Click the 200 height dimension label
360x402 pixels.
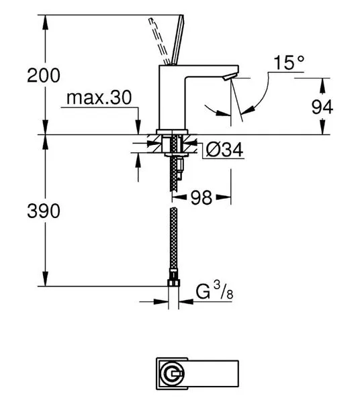44,75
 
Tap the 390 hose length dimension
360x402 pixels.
44,211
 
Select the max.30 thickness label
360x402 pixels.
99,97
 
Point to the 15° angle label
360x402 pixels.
289,62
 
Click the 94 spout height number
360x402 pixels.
322,107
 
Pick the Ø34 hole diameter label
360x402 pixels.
224,150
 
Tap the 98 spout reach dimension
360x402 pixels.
201,197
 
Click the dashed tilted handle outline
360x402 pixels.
159,41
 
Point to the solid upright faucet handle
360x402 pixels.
178,40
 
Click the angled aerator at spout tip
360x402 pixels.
230,76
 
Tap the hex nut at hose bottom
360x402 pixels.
174,283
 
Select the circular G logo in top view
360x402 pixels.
172,374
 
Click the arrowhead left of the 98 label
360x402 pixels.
179,197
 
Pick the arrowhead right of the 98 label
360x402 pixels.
224,197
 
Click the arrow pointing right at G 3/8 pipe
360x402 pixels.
161,302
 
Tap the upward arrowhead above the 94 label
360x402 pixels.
322,86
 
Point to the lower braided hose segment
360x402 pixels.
174,238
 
